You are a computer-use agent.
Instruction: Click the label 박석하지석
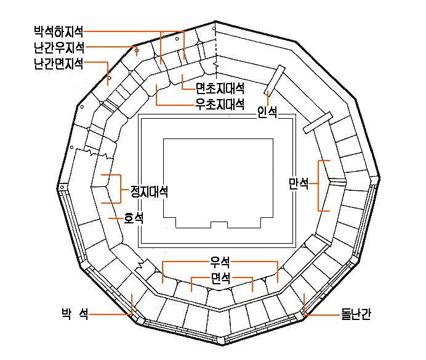(x=58, y=32)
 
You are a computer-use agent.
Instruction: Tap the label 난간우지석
(x=59, y=48)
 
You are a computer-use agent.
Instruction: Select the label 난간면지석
(x=58, y=64)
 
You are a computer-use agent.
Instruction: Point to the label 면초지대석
(x=220, y=88)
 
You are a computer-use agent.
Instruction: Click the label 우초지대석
(x=220, y=104)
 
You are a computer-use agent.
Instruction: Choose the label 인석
(x=267, y=113)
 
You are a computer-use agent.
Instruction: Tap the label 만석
(x=299, y=184)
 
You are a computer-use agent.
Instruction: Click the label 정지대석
(x=150, y=191)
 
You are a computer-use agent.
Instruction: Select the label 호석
(x=134, y=218)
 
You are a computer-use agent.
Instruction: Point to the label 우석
(x=220, y=262)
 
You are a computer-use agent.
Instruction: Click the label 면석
(x=220, y=278)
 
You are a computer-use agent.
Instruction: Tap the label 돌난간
(x=356, y=314)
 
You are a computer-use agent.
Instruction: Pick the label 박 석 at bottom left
(x=75, y=314)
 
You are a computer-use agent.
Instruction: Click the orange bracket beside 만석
(x=318, y=186)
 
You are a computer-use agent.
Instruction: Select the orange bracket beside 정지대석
(x=121, y=189)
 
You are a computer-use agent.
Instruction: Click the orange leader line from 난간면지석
(x=107, y=62)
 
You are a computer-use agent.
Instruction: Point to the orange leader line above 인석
(x=268, y=98)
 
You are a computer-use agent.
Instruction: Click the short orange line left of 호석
(x=116, y=218)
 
